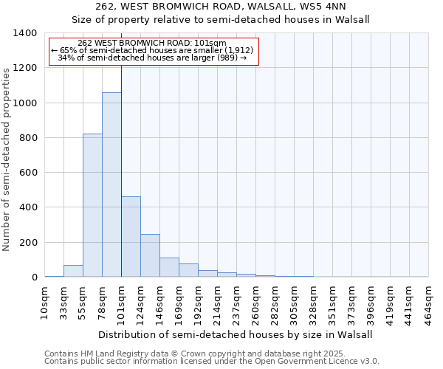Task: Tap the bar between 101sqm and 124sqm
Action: point(131,236)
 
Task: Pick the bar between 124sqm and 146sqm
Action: point(150,255)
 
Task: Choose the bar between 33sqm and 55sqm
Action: point(73,271)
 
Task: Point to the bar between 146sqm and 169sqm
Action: point(169,267)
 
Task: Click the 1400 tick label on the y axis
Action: point(25,33)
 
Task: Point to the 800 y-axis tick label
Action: point(28,138)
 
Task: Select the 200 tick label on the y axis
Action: point(28,243)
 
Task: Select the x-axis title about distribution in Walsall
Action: point(236,334)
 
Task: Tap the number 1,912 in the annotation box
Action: point(237,50)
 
